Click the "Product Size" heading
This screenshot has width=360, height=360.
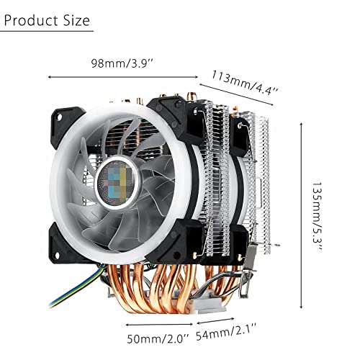tap(47, 20)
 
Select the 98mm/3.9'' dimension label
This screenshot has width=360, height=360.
tap(122, 63)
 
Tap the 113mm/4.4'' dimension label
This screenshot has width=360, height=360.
tap(244, 83)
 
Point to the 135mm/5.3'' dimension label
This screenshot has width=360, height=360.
tap(318, 215)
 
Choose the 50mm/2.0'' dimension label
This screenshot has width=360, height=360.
tap(158, 338)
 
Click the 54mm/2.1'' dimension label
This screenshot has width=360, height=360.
tap(226, 332)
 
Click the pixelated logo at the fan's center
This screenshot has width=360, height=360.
tap(117, 182)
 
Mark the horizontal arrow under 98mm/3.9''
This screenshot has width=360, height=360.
tap(123, 77)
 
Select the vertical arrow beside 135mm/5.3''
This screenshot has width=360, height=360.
tap(302, 215)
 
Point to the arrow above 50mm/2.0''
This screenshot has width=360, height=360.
tap(159, 325)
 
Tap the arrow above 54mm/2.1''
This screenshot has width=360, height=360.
tap(215, 320)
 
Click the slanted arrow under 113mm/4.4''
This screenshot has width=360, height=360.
tap(236, 94)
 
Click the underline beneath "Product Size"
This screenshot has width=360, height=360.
tap(47, 31)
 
